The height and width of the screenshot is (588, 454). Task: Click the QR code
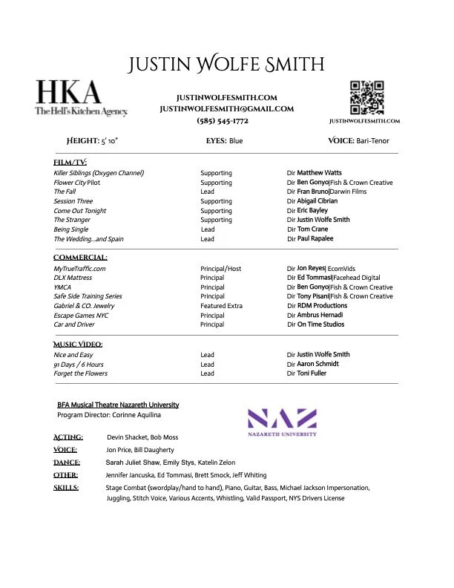pos(366,97)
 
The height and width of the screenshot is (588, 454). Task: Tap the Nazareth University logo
pos(281,422)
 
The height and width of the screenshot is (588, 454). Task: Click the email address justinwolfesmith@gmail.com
pos(227,109)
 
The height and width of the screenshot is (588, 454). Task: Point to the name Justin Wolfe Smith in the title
pos(226,64)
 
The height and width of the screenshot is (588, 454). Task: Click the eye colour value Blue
pos(235,140)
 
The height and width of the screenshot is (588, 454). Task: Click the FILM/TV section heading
pos(71,162)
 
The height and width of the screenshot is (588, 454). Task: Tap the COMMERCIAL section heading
pos(80,258)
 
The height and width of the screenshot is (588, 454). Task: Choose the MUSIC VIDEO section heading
pos(78,344)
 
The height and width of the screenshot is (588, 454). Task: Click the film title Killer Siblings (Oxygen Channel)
pos(99,173)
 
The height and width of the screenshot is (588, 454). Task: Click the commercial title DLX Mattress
pos(73,278)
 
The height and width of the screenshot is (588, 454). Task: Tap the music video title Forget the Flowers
pos(81,373)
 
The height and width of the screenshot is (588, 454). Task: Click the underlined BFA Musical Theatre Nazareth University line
pos(118,405)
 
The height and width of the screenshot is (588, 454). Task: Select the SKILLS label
pos(67,488)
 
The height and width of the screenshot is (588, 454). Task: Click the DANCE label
pos(68,462)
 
